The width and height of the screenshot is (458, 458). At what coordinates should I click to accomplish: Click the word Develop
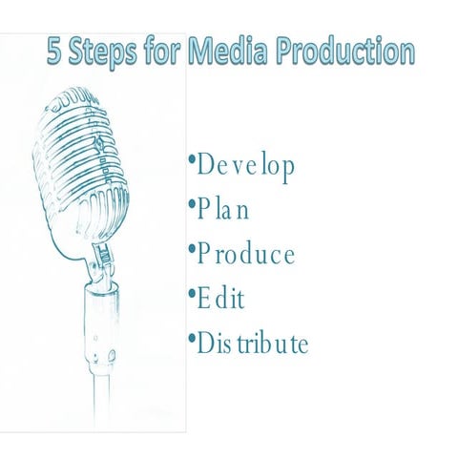[245, 165]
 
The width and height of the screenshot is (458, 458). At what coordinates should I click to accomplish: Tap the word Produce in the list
[245, 255]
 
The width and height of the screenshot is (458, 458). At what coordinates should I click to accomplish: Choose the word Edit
[220, 299]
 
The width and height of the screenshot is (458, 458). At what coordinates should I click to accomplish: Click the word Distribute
[252, 343]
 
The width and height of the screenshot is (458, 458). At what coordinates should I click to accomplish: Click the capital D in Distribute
[204, 343]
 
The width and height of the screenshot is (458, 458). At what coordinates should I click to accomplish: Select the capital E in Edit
[203, 299]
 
